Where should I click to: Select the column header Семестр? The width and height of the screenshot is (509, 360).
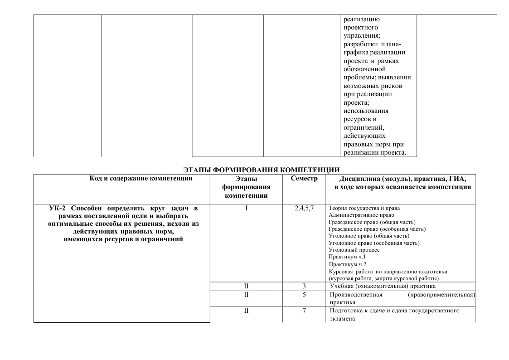pyautogui.click(x=304, y=179)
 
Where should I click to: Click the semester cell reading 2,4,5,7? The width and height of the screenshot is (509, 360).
pyautogui.click(x=304, y=209)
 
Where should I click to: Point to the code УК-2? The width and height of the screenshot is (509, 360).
pyautogui.click(x=58, y=209)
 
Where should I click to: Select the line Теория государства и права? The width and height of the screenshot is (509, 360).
pyautogui.click(x=364, y=208)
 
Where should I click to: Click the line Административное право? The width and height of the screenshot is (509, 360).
pyautogui.click(x=361, y=215)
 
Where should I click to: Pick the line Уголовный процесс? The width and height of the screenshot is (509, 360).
pyautogui.click(x=354, y=250)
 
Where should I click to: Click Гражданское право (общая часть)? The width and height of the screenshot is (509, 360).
pyautogui.click(x=370, y=222)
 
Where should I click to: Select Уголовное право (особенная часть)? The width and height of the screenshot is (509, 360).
pyautogui.click(x=374, y=243)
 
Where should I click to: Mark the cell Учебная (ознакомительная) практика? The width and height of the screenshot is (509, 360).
pyautogui.click(x=383, y=286)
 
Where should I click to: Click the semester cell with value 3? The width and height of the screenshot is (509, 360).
pyautogui.click(x=304, y=286)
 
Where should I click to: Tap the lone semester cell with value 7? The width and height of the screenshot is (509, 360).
pyautogui.click(x=304, y=311)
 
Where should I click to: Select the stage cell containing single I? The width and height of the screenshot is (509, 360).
pyautogui.click(x=246, y=209)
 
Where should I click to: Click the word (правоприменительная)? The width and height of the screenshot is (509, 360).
pyautogui.click(x=441, y=295)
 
